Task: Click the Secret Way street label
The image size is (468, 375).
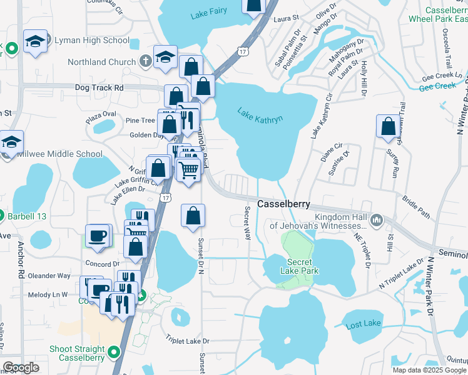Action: pyautogui.click(x=248, y=224)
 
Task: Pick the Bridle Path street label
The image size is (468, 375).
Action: pyautogui.click(x=416, y=207)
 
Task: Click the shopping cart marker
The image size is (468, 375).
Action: pyautogui.click(x=188, y=169)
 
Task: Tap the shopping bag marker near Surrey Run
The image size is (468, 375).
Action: pyautogui.click(x=388, y=126)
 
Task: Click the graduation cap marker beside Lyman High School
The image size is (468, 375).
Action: pyautogui.click(x=35, y=42)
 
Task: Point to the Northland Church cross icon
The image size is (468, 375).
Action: pyautogui.click(x=145, y=61)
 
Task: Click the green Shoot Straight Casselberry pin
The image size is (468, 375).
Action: pyautogui.click(x=114, y=352)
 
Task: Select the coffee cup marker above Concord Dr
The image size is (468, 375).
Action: pyautogui.click(x=97, y=236)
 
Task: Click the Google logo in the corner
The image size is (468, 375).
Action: pyautogui.click(x=21, y=367)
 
